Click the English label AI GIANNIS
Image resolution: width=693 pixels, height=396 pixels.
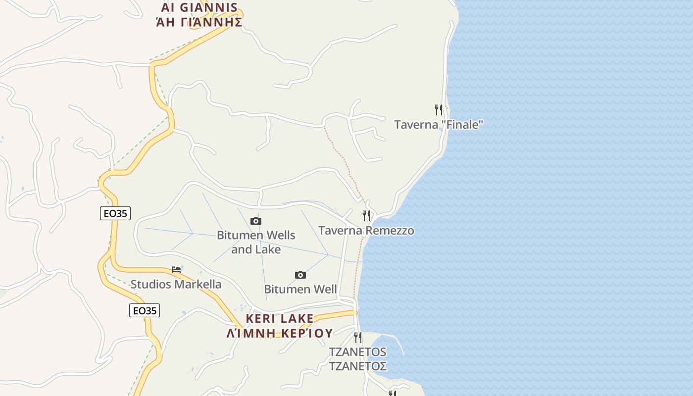[199, 8]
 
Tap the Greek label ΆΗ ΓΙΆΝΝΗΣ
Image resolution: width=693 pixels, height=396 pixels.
[199, 22]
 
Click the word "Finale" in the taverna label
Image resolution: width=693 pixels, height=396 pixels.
[463, 125]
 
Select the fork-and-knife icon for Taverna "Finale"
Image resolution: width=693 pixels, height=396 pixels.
[439, 109]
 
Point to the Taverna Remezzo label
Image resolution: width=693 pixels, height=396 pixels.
[366, 231]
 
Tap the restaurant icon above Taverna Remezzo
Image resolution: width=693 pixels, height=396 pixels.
[366, 215]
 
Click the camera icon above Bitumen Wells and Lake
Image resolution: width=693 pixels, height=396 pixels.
[256, 221]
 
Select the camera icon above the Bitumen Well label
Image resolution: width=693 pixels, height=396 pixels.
[300, 275]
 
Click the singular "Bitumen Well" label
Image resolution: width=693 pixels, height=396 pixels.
[300, 289]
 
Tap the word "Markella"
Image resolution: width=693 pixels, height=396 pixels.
[198, 285]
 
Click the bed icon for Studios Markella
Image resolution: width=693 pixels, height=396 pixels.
[176, 270]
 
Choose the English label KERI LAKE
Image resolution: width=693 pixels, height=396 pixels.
[280, 318]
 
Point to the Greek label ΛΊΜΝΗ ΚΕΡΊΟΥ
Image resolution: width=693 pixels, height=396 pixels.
[280, 333]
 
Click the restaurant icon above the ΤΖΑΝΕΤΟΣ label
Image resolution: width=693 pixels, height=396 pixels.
[358, 338]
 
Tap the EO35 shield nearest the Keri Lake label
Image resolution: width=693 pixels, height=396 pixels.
[145, 310]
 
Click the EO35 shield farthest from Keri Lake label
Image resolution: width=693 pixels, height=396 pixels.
[115, 213]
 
